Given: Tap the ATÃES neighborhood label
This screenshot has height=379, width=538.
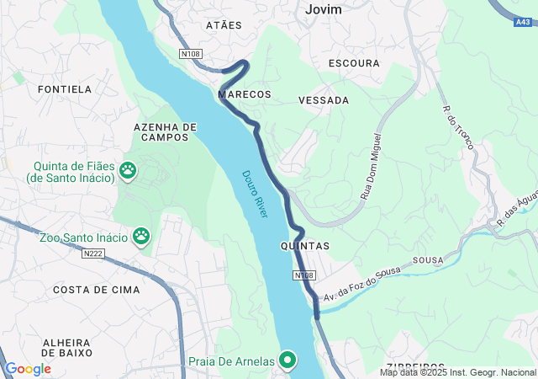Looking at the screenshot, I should coord(224,25).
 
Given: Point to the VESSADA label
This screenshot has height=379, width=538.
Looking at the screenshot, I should coord(324,100).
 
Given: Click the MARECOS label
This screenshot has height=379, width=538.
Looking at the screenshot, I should coord(245,94).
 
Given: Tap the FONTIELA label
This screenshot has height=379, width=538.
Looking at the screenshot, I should coord(64,88).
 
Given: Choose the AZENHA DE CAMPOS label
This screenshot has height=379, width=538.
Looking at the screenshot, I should coord(165,131).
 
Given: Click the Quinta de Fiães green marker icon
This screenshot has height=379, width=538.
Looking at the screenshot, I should coord(128,171).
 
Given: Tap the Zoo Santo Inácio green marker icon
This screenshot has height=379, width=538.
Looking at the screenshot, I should coord(141,238).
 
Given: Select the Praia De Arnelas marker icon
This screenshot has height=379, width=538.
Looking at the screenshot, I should coord(288,361).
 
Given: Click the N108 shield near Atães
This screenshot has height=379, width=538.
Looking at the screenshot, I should coord(191,54).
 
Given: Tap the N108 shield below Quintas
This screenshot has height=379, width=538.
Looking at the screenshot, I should coord(304,275).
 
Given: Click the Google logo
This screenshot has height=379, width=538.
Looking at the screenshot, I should coord(28,369).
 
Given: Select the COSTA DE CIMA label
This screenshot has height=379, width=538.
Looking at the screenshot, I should coord(85,290).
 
